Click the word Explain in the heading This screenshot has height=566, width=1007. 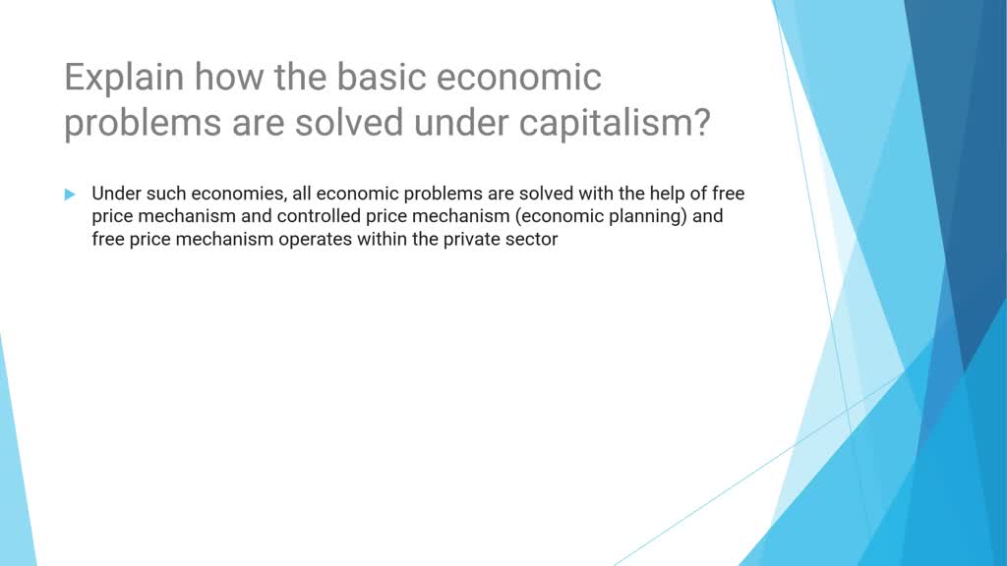(x=123, y=79)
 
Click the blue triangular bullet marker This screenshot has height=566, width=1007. (x=70, y=195)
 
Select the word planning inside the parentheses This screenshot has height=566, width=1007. (x=648, y=216)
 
